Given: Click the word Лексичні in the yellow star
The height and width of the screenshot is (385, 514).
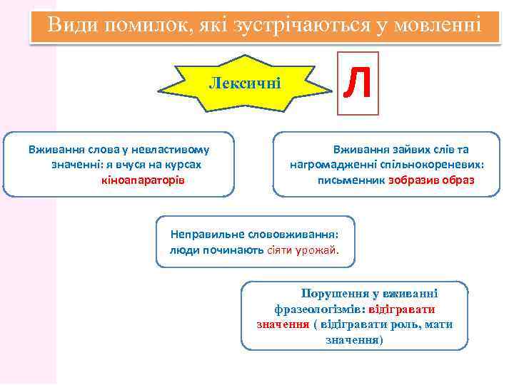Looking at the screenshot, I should point(245,83).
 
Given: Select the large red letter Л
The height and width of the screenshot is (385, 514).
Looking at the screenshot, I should point(357,83).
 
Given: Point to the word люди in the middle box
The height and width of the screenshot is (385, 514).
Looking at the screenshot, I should point(183,250).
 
